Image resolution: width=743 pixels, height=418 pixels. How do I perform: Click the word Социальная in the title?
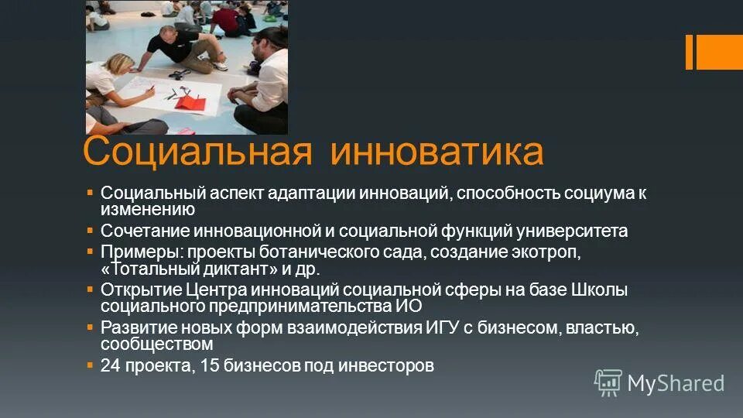pos(198,152)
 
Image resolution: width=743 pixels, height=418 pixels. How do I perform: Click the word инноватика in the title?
pos(437,152)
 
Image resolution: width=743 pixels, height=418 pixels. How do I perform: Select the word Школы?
pos(599,290)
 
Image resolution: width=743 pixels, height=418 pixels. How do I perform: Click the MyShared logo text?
pos(675,382)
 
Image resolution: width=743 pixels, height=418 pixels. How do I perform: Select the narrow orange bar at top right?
pos(689,52)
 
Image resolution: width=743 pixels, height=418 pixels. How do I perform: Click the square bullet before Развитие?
pos(90,327)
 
